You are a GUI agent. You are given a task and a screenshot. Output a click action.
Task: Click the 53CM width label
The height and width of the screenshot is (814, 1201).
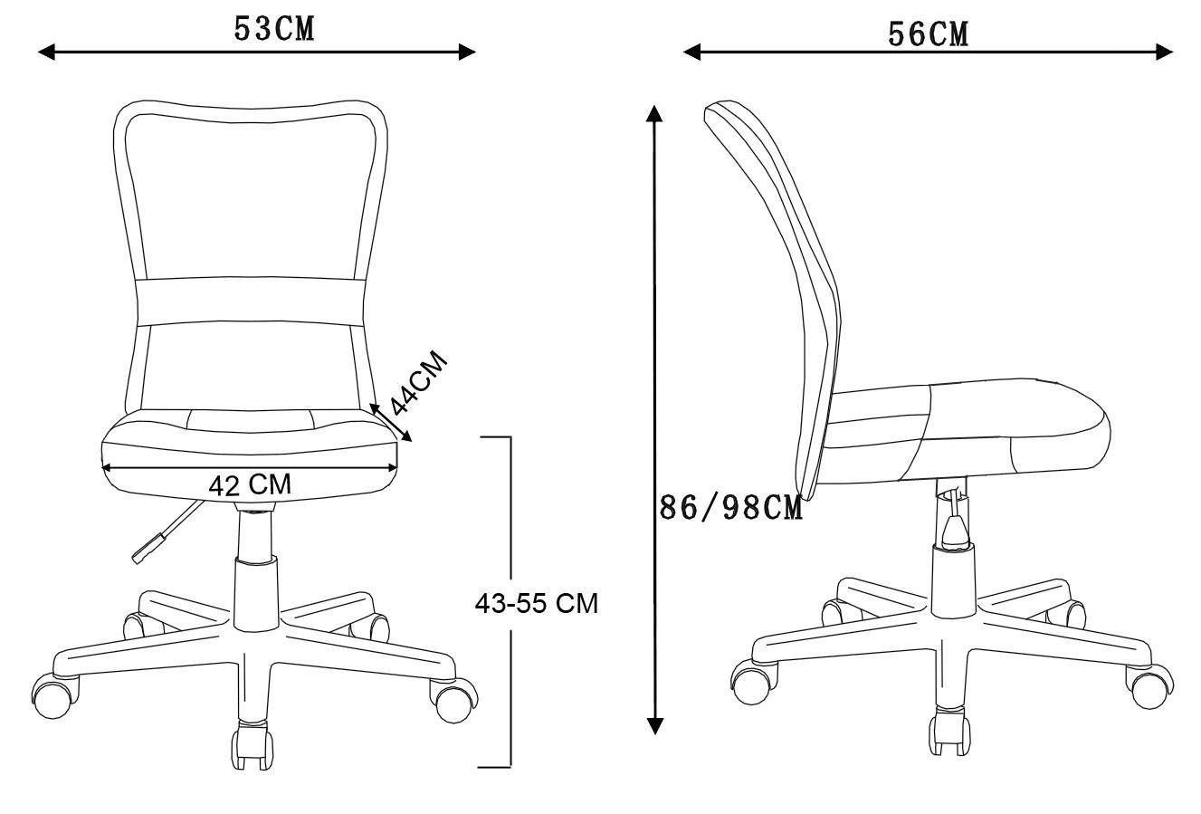(x=274, y=29)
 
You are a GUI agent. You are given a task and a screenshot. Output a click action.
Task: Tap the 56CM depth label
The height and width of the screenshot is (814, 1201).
(x=928, y=34)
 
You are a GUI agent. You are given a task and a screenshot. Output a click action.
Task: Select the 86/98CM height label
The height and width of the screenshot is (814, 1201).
(x=730, y=507)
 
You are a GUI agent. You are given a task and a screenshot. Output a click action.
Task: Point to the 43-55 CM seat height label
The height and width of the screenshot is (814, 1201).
(x=536, y=603)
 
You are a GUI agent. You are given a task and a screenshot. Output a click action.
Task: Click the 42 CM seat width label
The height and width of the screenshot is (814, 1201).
(x=250, y=484)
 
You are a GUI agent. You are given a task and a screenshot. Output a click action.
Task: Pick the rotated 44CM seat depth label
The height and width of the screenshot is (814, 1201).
(x=419, y=383)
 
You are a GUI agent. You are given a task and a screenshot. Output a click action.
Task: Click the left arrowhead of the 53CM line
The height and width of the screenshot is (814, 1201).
(x=46, y=52)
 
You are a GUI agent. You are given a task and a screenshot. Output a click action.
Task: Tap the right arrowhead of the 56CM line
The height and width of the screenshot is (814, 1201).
(x=1164, y=52)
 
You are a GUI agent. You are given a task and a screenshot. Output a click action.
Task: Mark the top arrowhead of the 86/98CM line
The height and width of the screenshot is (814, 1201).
(x=654, y=114)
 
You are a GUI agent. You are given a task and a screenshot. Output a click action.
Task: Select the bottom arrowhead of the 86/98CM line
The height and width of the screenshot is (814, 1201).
(x=654, y=725)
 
